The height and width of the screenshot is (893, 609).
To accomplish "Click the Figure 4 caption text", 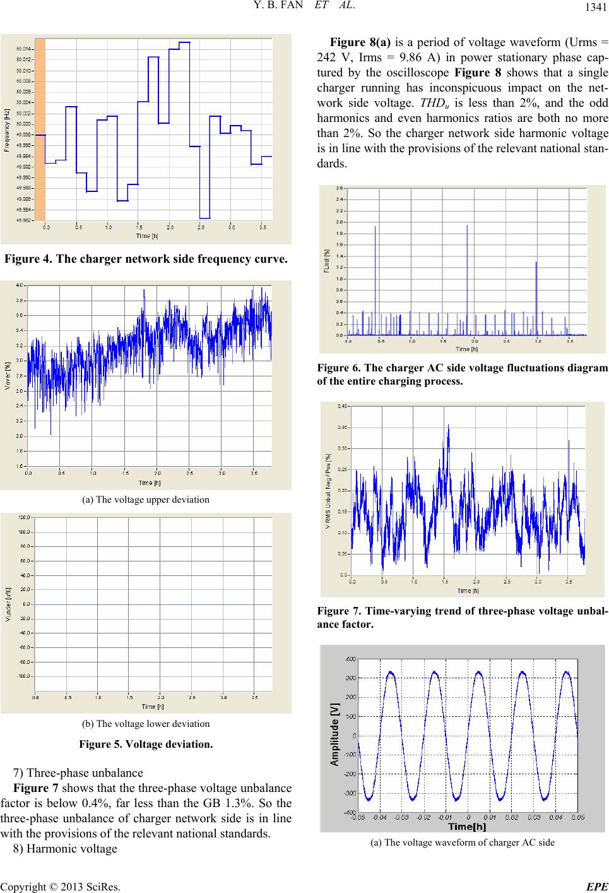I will pyautogui.click(x=146, y=259).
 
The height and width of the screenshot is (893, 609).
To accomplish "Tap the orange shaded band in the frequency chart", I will pyautogui.click(x=40, y=129).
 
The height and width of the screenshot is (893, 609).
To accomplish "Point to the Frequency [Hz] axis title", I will pyautogui.click(x=7, y=129).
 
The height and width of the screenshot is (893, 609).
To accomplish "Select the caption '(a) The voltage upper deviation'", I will pyautogui.click(x=146, y=500).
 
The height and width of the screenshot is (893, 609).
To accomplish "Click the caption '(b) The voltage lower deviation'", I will pyautogui.click(x=146, y=723).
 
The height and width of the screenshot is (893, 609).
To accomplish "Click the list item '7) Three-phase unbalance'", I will pyautogui.click(x=78, y=773).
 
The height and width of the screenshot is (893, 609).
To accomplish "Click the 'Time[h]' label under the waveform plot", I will pyautogui.click(x=466, y=826).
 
